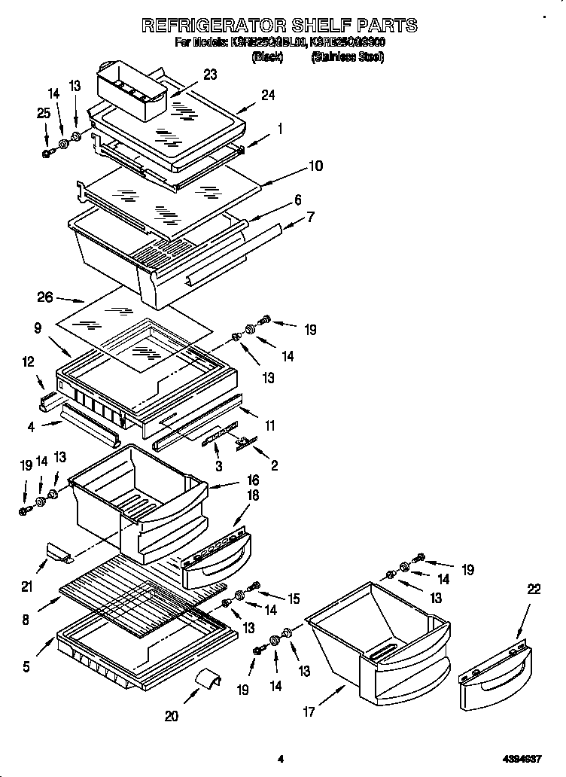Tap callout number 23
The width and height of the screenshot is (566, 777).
210,75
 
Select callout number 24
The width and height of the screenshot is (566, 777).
268,95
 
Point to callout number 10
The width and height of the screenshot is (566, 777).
315,166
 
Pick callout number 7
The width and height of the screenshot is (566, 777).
309,217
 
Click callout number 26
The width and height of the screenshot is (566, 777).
45,297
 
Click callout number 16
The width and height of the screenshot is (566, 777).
253,480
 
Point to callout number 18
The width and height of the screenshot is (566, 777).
253,495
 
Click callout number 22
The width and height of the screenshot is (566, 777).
534,590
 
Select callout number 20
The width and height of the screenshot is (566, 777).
171,716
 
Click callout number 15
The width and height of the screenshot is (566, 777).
293,599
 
